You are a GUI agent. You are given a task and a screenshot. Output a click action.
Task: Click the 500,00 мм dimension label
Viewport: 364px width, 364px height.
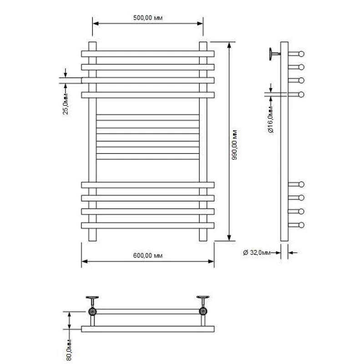[x=147, y=18]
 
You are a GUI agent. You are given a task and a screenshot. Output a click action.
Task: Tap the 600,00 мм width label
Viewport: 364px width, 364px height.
[x=147, y=256]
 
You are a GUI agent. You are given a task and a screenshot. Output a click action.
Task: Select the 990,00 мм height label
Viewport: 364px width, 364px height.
[x=234, y=145]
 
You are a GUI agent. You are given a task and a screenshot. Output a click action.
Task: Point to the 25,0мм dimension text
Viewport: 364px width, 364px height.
[x=66, y=104]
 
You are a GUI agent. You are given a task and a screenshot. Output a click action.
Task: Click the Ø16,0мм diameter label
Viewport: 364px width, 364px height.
[x=271, y=120]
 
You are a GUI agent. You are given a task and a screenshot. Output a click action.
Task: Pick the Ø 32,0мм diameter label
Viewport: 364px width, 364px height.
[x=257, y=253]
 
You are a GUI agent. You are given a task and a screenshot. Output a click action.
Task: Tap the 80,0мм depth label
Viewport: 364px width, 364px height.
[x=69, y=350]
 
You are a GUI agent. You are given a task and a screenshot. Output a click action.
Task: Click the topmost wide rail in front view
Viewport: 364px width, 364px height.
[x=147, y=54]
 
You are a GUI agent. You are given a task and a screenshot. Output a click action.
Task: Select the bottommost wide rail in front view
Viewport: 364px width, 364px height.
[x=147, y=225]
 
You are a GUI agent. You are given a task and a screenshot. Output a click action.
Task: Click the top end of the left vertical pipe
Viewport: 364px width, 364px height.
[x=92, y=42]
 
